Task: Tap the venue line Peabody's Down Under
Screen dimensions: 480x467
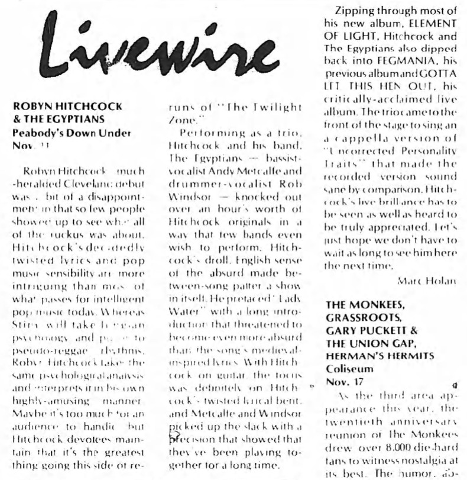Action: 67,133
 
